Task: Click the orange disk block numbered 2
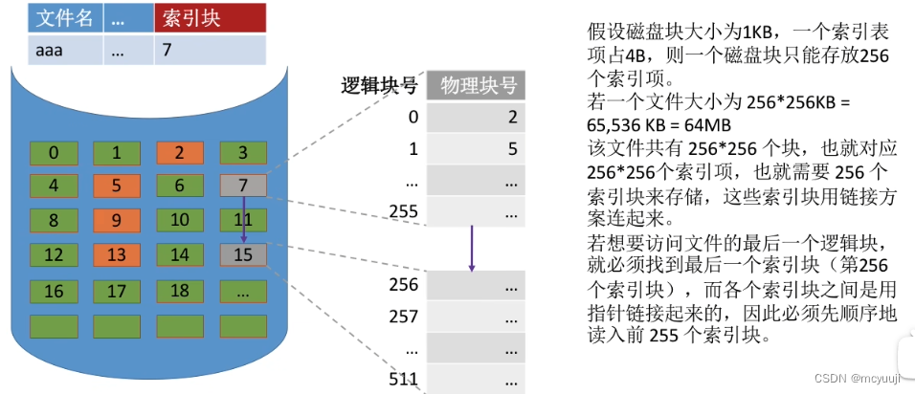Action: coord(177,152)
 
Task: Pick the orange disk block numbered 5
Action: coord(114,185)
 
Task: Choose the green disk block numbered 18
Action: coord(177,290)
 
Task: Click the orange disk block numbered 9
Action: coord(114,220)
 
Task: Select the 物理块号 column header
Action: coord(478,86)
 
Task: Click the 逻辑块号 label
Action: coord(379,86)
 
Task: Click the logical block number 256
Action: coord(404,284)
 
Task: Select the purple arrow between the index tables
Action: coord(472,247)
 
